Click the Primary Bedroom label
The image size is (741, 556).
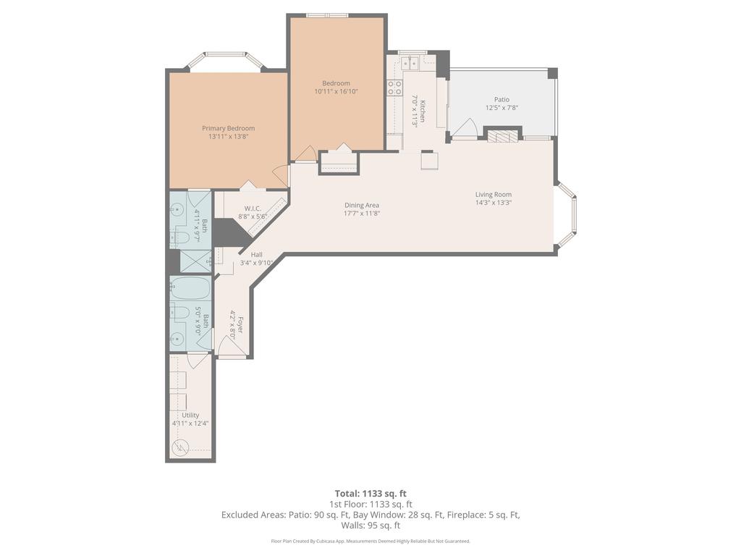(228, 128)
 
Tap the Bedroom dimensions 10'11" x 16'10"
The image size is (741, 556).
(336, 92)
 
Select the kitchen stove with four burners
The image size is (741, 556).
(395, 88)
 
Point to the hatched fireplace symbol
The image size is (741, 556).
(502, 135)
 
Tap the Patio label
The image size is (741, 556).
(501, 100)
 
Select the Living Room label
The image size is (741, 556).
(493, 194)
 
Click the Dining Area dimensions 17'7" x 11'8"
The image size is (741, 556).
(362, 214)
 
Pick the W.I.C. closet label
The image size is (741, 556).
(253, 208)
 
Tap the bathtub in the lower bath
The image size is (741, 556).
(190, 289)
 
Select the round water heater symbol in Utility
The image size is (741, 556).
(181, 445)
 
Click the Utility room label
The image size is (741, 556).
(190, 415)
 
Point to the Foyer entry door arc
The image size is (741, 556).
(232, 348)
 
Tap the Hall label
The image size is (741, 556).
(256, 254)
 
